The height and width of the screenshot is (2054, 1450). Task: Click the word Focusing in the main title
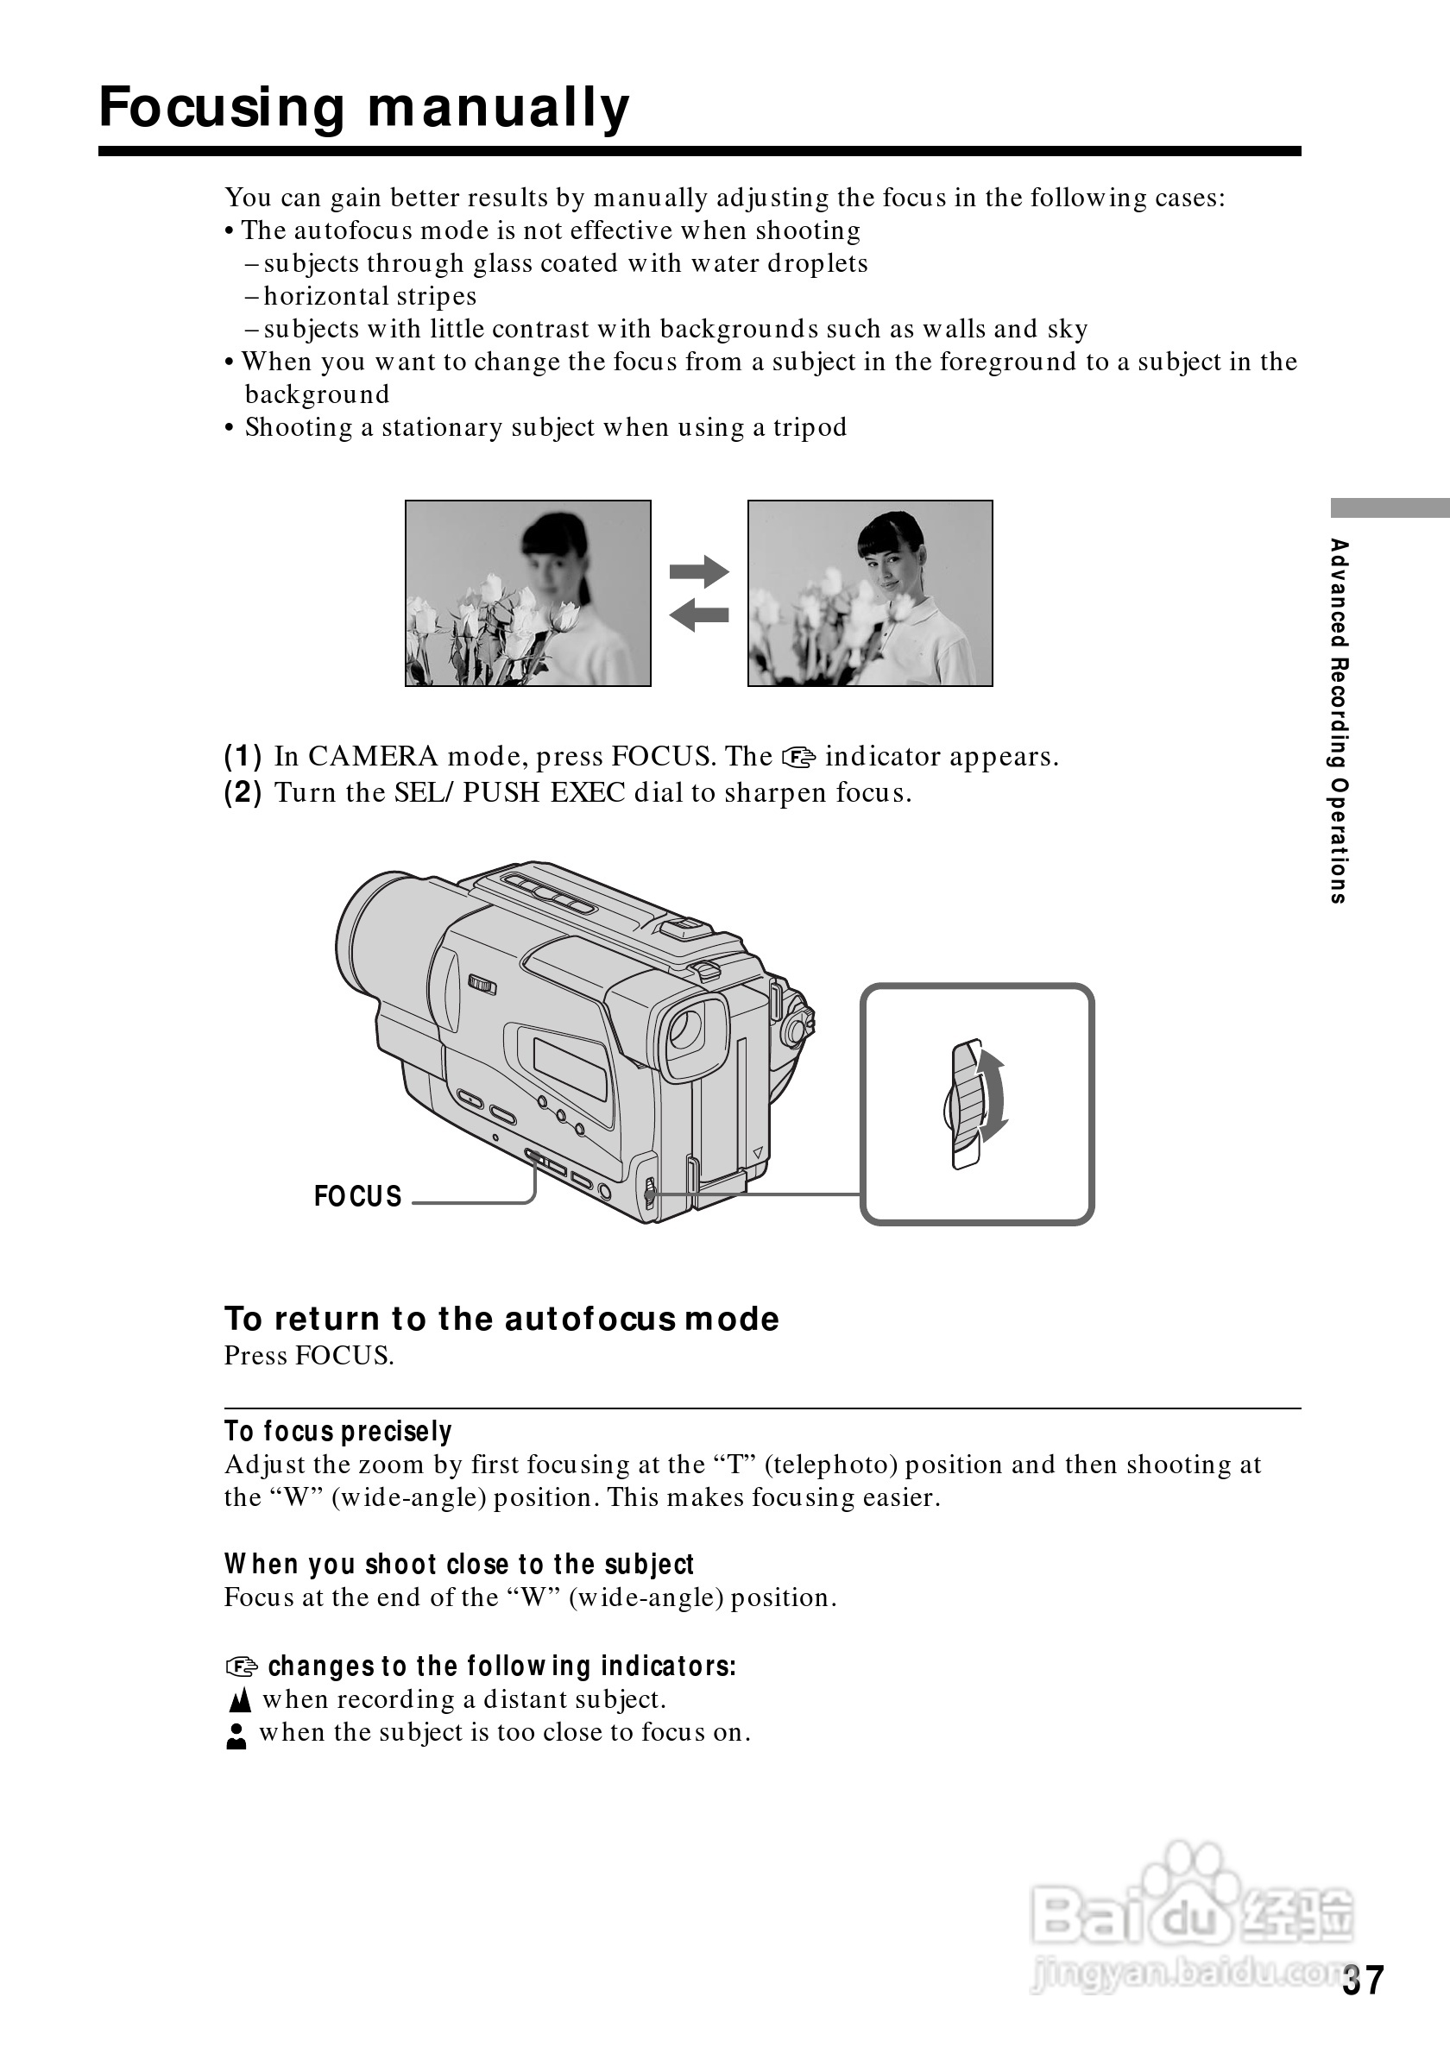[222, 108]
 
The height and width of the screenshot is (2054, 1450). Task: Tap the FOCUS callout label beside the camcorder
[358, 1196]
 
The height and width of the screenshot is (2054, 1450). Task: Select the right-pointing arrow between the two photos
[698, 570]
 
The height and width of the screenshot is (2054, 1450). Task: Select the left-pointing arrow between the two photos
[698, 614]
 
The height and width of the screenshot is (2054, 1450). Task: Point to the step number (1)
[243, 757]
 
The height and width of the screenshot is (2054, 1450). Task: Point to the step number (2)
[243, 792]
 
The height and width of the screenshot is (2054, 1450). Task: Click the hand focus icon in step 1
[799, 758]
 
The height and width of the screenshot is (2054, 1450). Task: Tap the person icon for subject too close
[236, 1736]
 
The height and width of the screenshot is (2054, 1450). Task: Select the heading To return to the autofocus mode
[501, 1319]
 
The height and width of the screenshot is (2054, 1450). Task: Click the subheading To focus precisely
[338, 1432]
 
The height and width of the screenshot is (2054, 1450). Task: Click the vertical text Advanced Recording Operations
[1338, 721]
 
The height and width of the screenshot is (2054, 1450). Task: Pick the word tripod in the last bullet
[810, 427]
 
